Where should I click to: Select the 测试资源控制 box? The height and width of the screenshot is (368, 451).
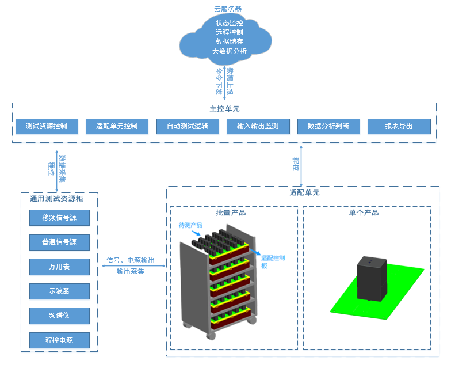(46, 126)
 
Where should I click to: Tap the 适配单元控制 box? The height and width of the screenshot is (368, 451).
(117, 126)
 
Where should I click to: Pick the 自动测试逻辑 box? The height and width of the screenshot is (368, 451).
(188, 126)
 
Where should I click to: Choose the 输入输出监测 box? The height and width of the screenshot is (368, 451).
(258, 126)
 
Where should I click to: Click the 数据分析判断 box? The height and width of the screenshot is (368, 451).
(328, 126)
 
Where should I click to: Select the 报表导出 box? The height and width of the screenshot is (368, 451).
(399, 126)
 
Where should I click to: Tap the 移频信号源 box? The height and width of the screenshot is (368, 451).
(59, 218)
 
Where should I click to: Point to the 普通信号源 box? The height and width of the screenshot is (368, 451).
(59, 242)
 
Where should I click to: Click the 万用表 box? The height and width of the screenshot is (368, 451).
(59, 267)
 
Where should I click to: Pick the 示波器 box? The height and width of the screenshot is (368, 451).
(59, 291)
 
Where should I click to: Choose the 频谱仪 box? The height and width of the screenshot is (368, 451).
(59, 316)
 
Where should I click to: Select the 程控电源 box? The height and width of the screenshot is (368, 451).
(59, 340)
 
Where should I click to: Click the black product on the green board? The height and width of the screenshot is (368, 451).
(373, 278)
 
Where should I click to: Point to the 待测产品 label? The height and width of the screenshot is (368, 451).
(190, 225)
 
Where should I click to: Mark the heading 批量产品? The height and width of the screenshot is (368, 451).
(231, 213)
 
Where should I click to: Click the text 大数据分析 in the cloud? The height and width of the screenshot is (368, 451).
(230, 51)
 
